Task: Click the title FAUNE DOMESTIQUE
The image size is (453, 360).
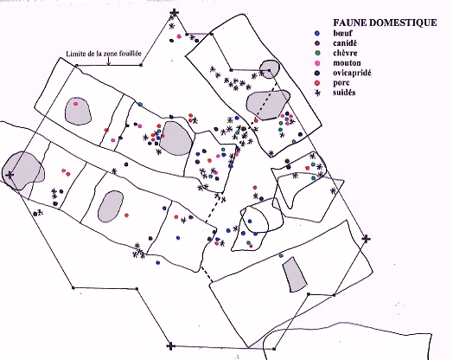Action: point(385,22)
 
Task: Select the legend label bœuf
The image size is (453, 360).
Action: point(342,33)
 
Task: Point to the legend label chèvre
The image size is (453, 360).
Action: point(345,53)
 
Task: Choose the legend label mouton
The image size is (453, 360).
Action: point(347,63)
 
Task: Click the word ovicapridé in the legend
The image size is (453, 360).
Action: point(352,73)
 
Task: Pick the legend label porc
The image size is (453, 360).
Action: point(341,83)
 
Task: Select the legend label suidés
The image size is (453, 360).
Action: point(344,93)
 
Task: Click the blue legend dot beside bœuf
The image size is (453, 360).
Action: point(317,33)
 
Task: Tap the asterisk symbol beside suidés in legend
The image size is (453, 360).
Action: point(317,93)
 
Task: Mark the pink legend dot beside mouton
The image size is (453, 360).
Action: point(317,63)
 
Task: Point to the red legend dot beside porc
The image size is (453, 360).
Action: point(317,83)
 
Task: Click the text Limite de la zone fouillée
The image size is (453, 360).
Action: point(104,54)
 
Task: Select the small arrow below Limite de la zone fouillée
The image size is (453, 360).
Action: point(109,61)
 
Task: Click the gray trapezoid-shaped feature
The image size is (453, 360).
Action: point(295,274)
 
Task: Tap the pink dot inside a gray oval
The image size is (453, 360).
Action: point(76,104)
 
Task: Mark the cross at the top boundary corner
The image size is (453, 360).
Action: point(174,13)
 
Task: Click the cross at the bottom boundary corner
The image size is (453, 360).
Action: point(171,345)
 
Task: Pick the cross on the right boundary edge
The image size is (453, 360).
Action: point(366,239)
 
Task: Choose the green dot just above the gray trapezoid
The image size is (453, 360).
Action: point(281,255)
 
